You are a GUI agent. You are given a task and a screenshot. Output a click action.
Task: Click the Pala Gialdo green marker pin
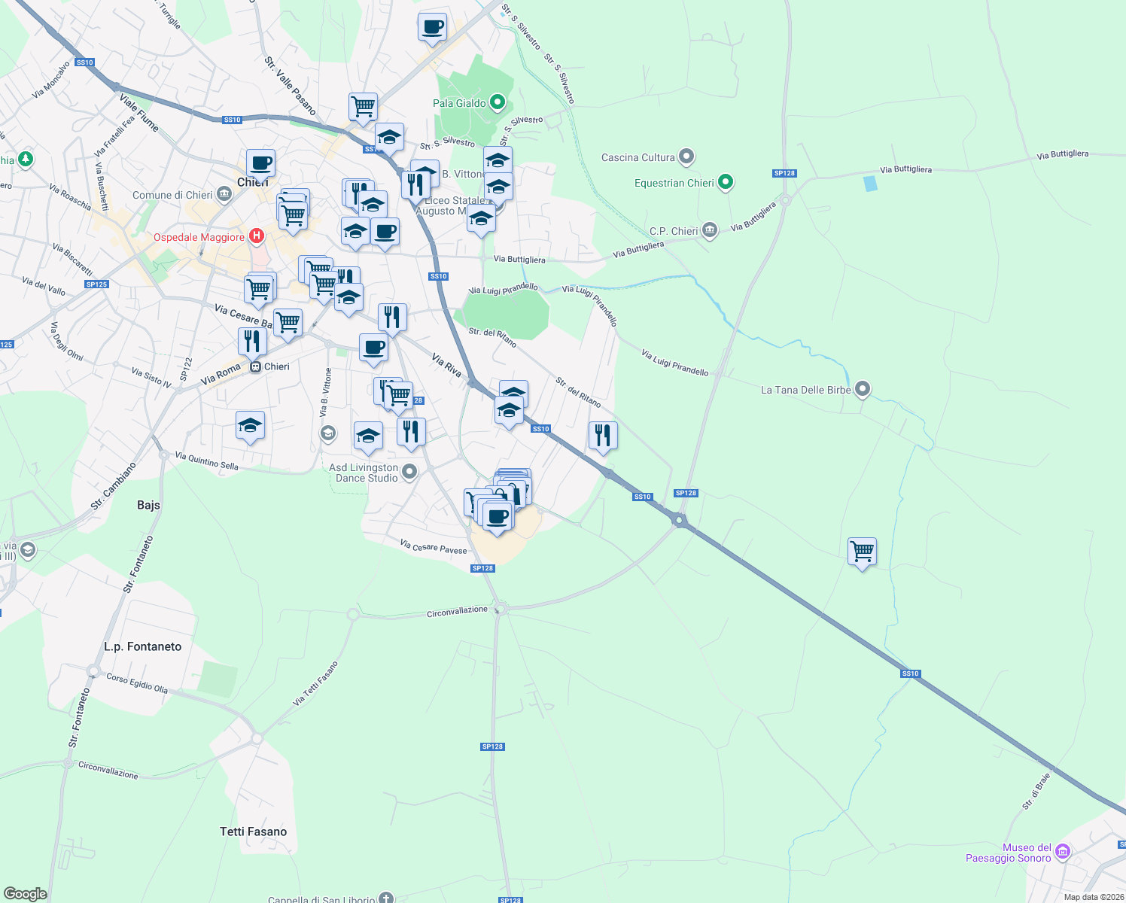coord(497,102)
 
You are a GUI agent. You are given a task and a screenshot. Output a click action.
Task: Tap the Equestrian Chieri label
coord(674,183)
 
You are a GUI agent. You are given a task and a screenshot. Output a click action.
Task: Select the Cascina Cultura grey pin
coord(686,157)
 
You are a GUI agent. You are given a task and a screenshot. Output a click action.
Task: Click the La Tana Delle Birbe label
coord(805,390)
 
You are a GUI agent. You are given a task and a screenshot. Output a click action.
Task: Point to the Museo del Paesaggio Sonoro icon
coord(1063,852)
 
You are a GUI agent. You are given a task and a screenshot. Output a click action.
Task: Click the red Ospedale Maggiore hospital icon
coord(257,236)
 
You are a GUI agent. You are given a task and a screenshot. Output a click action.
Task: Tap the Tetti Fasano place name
coord(253,832)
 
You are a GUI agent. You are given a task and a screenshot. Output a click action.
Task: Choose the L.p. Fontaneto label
coord(143,646)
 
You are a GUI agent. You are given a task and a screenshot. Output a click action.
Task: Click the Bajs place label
coord(148,505)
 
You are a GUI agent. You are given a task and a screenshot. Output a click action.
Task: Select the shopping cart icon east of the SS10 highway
coord(862,551)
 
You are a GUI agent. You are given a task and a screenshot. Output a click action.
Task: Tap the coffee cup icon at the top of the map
coord(432,27)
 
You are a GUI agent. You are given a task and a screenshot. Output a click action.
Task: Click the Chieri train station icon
coord(256,366)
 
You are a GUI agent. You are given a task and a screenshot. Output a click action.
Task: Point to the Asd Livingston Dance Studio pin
coord(409,472)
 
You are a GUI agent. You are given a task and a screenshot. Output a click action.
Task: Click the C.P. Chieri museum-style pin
coord(709,230)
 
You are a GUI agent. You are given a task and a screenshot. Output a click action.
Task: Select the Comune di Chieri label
coord(172,195)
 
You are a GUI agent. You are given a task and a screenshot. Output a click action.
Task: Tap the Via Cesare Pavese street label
coord(434,546)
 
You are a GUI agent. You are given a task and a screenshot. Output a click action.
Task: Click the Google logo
coord(26,894)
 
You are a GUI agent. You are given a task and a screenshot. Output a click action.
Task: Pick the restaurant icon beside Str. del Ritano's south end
coord(603,435)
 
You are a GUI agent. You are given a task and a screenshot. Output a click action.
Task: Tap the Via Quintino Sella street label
coord(206,461)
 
